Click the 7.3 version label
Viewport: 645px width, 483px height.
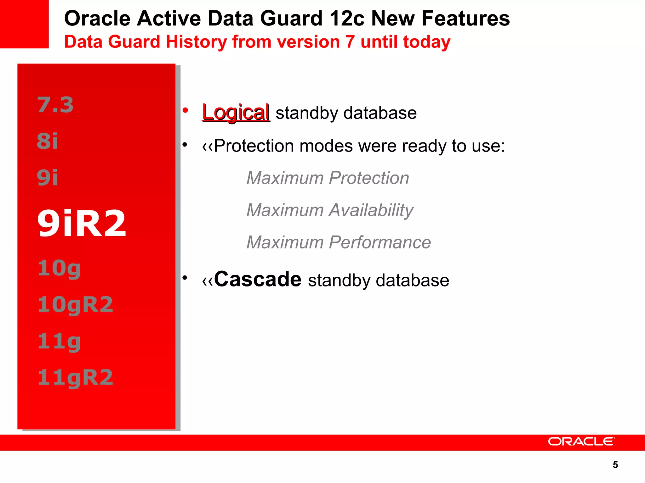tap(55, 105)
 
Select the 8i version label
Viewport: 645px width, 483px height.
tap(48, 141)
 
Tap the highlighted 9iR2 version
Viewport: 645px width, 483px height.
tap(82, 223)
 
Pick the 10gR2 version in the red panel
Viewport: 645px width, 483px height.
tap(75, 304)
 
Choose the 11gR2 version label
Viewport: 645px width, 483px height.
tap(75, 377)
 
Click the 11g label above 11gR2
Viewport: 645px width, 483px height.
tap(59, 341)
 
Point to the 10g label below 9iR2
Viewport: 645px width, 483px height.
tap(59, 268)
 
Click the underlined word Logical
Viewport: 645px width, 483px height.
tap(236, 112)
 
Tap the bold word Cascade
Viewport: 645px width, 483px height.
tap(258, 279)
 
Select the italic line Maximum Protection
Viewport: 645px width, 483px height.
tap(328, 178)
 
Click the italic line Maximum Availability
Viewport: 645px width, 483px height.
tap(330, 210)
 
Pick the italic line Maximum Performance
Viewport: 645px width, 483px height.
tap(339, 242)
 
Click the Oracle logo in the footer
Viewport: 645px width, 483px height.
tap(581, 441)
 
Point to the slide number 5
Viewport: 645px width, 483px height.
tap(615, 465)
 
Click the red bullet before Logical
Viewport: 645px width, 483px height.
tap(185, 110)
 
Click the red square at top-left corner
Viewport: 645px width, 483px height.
tap(24, 24)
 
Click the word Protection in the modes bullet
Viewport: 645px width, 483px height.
tap(254, 146)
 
